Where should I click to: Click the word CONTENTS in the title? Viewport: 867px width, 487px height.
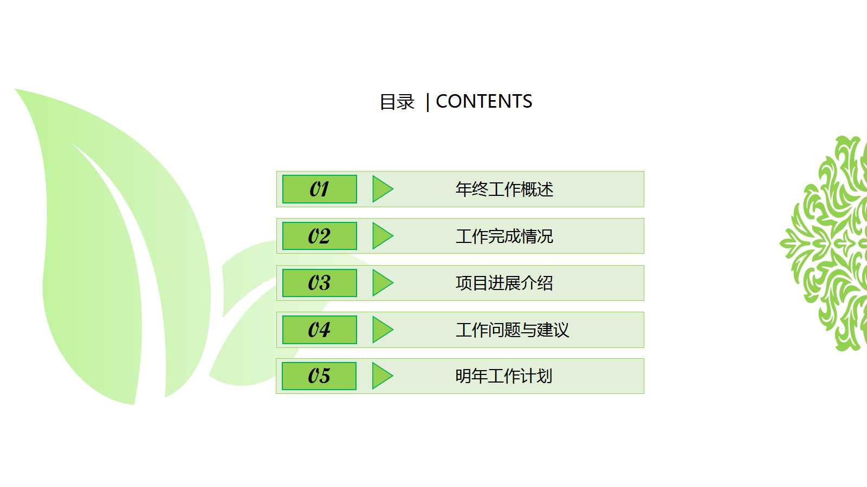click(484, 101)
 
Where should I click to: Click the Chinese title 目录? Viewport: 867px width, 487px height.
click(397, 102)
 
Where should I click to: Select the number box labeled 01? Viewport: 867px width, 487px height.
click(320, 189)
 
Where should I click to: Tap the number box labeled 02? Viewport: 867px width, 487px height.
click(320, 236)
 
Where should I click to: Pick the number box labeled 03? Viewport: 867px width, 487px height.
click(320, 283)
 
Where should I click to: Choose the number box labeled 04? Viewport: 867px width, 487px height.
click(320, 330)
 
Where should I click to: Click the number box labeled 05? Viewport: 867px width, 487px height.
click(319, 376)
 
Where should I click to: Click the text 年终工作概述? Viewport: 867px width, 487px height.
click(504, 189)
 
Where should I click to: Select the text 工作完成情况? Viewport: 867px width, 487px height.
click(504, 236)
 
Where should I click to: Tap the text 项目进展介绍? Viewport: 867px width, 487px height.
click(504, 283)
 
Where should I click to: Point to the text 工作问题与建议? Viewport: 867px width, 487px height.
click(512, 330)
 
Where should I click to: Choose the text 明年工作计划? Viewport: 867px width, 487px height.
click(503, 376)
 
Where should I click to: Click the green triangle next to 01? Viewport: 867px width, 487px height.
click(381, 189)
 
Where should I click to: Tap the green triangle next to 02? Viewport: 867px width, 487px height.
click(381, 236)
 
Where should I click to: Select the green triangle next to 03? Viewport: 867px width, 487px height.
click(381, 283)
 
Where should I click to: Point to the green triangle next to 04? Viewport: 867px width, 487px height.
click(381, 330)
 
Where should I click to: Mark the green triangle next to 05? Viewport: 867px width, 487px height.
click(381, 376)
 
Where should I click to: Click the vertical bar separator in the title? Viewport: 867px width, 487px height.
click(428, 102)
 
